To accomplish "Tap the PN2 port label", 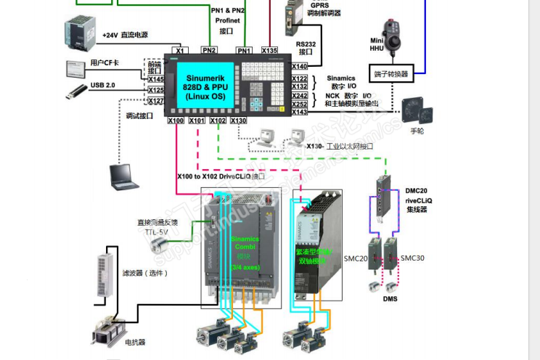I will pyautogui.click(x=209, y=51).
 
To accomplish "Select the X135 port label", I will pyautogui.click(x=269, y=51).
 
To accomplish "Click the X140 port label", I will pyautogui.click(x=300, y=66).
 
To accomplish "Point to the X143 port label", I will pyautogui.click(x=300, y=112).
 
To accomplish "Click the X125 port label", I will pyautogui.click(x=156, y=91).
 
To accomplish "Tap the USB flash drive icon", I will pyautogui.click(x=75, y=91).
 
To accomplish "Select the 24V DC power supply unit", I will pyautogui.click(x=79, y=31).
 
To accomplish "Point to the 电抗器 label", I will pyautogui.click(x=136, y=341).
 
